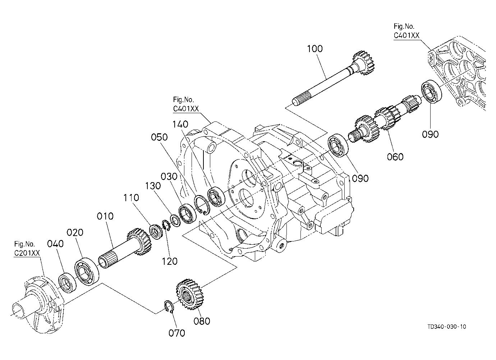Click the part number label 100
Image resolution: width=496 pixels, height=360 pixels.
(x=314, y=49)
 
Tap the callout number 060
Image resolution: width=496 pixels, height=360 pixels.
(x=395, y=157)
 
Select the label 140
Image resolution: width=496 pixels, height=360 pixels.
(x=180, y=124)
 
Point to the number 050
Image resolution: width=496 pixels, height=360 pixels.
(x=159, y=137)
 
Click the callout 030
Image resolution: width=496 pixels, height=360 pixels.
(x=169, y=176)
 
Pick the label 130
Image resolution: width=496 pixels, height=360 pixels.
(x=153, y=186)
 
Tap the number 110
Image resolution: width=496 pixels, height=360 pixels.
(x=131, y=198)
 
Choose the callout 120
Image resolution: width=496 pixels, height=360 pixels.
(x=170, y=262)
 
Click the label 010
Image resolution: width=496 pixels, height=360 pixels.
(x=105, y=216)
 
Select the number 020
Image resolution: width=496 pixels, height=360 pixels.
(x=75, y=232)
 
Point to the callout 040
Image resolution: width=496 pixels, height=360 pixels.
(x=55, y=244)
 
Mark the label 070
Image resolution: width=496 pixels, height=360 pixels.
(x=177, y=333)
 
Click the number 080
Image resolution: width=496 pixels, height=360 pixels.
(x=202, y=321)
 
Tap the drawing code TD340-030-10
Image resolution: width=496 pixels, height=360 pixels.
(x=447, y=327)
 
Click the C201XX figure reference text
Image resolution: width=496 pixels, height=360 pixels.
(x=27, y=253)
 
